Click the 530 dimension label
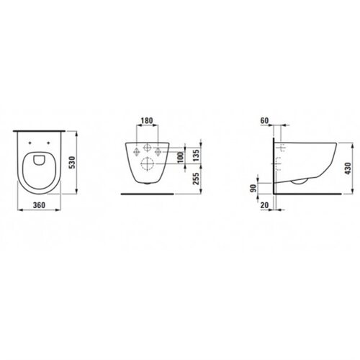point(72,163)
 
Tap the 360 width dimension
point(39,205)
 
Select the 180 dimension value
point(147,120)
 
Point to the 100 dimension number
point(181,157)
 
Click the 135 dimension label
point(196,156)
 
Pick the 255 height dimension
point(196,179)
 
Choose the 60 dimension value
point(264,120)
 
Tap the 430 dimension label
point(348,168)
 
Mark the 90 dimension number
point(253,188)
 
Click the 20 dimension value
point(264,205)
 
